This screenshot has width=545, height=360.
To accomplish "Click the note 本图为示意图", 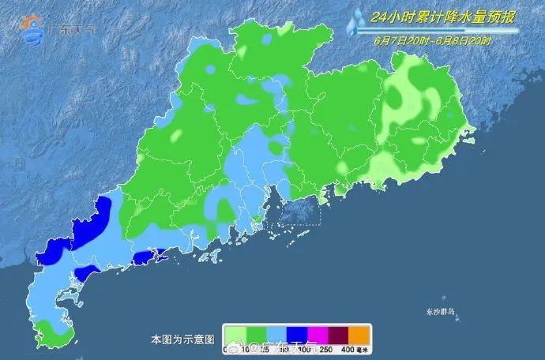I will coord(183,339).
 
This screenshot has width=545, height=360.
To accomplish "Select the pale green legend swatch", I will coord(235,333).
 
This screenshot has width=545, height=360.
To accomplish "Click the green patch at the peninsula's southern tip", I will coord(55,334).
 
